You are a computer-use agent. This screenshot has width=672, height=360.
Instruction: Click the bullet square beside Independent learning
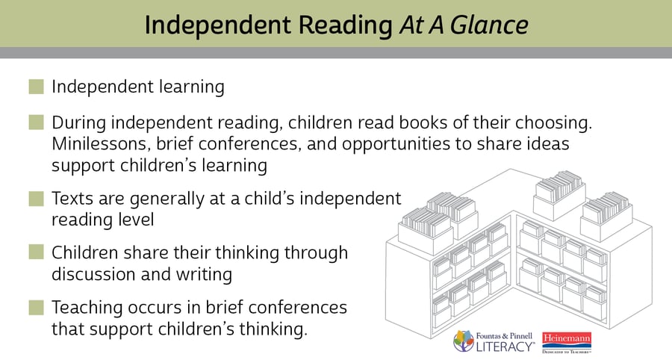[x=37, y=87]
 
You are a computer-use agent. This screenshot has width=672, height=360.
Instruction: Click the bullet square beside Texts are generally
[x=37, y=199]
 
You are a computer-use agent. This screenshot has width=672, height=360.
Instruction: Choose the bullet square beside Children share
[x=37, y=253]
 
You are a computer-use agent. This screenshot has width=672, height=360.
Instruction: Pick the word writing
[x=205, y=273]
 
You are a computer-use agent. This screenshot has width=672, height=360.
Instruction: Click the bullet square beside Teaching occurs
[x=37, y=307]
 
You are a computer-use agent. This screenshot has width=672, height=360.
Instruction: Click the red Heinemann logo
[x=567, y=341]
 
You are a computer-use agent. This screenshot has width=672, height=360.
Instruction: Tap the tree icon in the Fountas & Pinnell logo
[x=464, y=341]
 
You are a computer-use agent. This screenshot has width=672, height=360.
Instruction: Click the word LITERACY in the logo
[x=507, y=347]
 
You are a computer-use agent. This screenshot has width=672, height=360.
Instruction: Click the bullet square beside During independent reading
[x=37, y=122]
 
